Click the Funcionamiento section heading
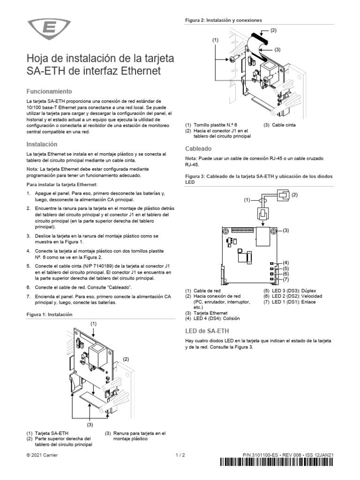pyautogui.click(x=49, y=91)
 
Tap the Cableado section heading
pyautogui.click(x=197, y=148)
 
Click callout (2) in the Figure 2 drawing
pyautogui.click(x=273, y=30)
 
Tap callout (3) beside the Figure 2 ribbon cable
pyautogui.click(x=277, y=49)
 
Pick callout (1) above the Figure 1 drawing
pyautogui.click(x=93, y=323)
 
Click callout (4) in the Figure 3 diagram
pyautogui.click(x=285, y=262)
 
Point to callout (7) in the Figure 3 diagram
pyautogui.click(x=285, y=279)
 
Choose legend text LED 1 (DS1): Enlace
pyautogui.click(x=289, y=302)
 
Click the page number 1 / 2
pyautogui.click(x=180, y=455)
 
